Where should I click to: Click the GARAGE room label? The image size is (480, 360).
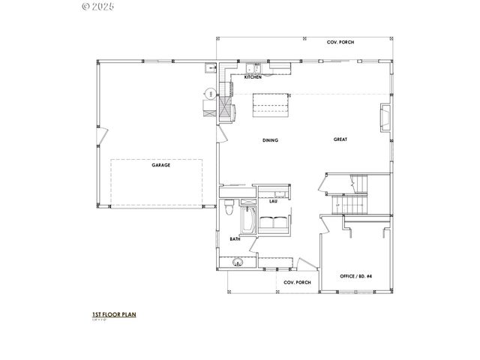click(x=160, y=165)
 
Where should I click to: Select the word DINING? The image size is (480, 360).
click(x=270, y=140)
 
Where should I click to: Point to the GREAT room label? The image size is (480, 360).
click(x=340, y=140)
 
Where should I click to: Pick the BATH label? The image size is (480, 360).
click(x=235, y=239)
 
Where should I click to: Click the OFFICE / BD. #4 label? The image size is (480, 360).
click(x=356, y=276)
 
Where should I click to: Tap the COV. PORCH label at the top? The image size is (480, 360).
click(x=340, y=42)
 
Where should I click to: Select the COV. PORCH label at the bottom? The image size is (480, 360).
click(x=297, y=282)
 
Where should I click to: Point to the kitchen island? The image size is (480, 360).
click(x=270, y=105)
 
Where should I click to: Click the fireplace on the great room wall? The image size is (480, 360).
click(x=385, y=116)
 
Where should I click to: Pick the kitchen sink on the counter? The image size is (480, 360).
click(x=251, y=68)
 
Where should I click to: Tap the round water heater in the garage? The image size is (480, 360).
click(x=211, y=93)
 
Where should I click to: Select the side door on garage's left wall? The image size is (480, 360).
click(x=103, y=139)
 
